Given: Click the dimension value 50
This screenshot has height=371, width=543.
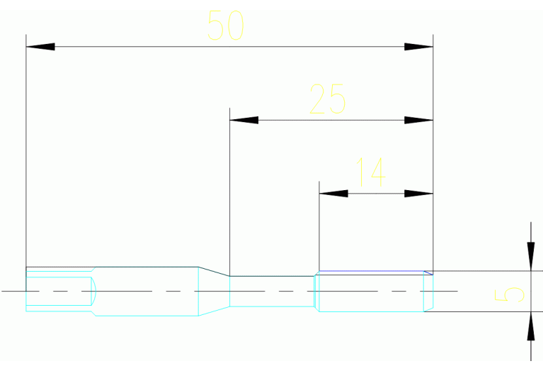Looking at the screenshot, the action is pos(226,26).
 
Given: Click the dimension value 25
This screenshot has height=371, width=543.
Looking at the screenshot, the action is pos(328,99).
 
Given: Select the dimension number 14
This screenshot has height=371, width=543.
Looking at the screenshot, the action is pos(370,172).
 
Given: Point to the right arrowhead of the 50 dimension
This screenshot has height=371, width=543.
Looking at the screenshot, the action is pos(418,47).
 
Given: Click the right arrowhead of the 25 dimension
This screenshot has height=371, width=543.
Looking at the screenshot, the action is pos(418,120).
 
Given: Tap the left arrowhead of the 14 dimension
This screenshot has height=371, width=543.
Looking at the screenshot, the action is pos(333,193).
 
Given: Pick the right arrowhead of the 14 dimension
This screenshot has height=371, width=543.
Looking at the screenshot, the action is pos(418,193).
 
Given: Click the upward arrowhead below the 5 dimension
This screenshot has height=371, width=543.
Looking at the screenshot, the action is pos(530,326).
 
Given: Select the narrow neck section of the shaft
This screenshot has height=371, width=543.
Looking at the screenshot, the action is pos(272,291).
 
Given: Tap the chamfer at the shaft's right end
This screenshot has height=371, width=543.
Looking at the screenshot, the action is pos(428,291).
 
